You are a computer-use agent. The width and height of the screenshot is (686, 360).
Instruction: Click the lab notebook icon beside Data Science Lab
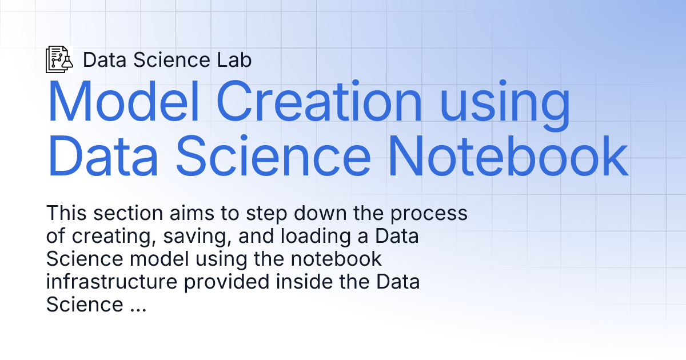(59, 59)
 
